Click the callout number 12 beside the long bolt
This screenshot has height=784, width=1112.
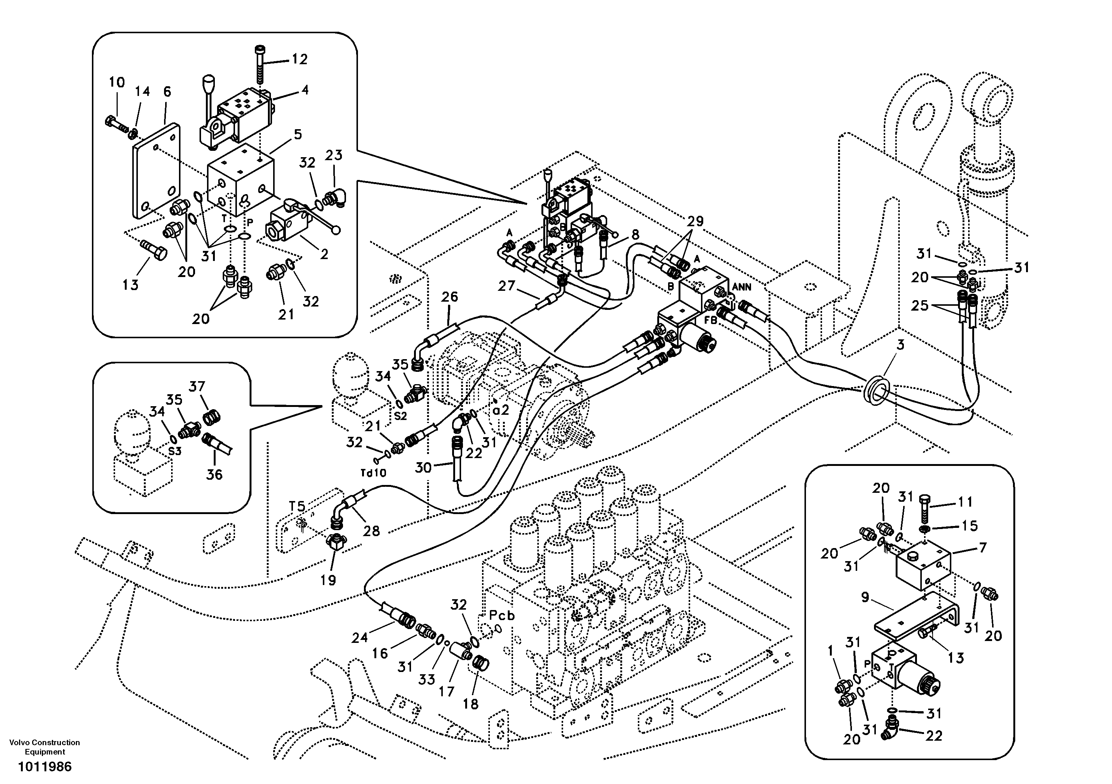point(299,59)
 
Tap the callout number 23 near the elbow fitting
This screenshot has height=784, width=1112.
point(334,155)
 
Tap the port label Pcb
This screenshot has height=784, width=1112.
point(501,616)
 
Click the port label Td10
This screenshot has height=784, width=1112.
point(373,473)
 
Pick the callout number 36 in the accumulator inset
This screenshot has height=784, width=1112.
point(214,474)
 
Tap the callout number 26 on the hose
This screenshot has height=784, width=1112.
point(450,297)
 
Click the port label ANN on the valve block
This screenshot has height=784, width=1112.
point(741,287)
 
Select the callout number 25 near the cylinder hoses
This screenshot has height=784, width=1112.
point(920,305)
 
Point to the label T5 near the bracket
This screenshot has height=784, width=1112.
point(297,506)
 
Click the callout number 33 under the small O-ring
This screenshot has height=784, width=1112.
point(427,680)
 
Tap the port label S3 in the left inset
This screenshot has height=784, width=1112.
point(174,451)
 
